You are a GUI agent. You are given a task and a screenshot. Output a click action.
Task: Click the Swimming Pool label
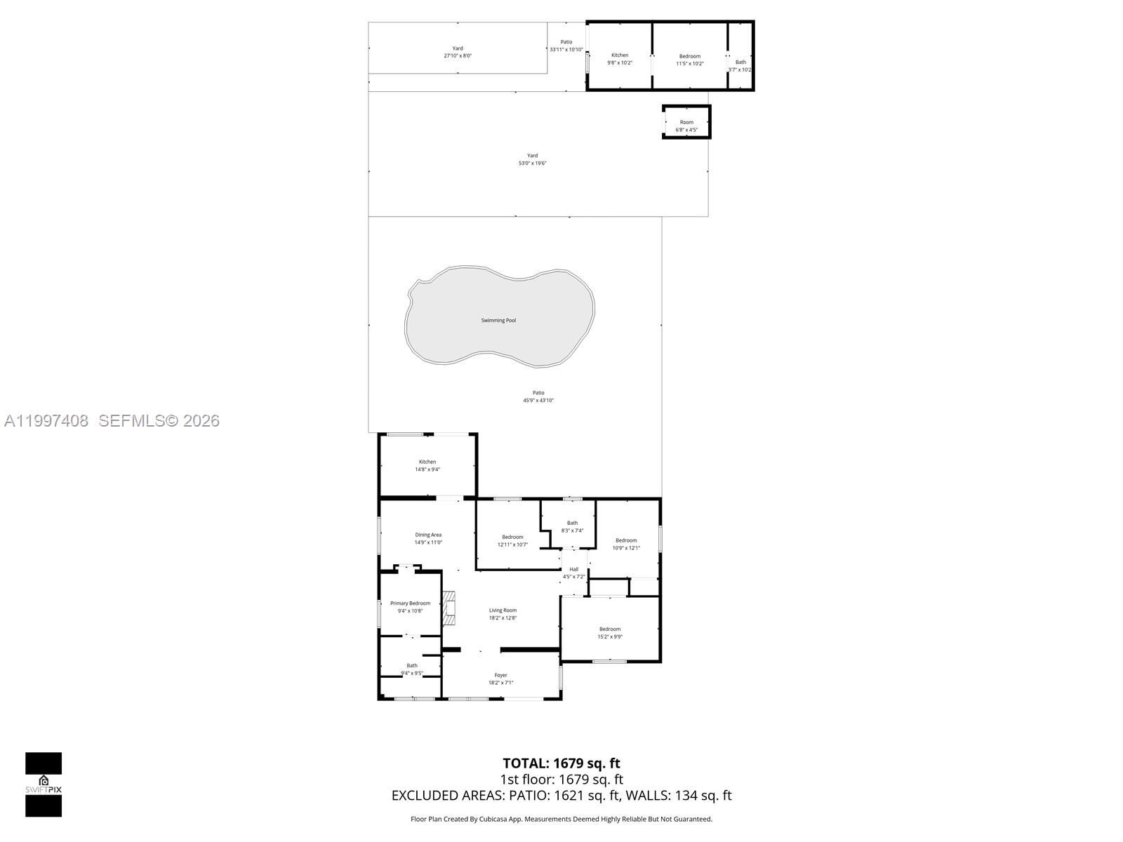(x=498, y=321)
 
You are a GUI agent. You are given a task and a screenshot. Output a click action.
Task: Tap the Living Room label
(x=503, y=610)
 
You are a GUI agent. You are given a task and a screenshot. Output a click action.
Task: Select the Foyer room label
(x=500, y=675)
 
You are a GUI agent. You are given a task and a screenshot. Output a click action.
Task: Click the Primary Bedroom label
(x=410, y=603)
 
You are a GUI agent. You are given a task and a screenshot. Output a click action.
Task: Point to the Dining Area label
(x=428, y=535)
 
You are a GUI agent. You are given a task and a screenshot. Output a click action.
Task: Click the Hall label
(x=574, y=569)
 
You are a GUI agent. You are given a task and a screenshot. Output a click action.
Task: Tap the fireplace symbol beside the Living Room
(x=449, y=608)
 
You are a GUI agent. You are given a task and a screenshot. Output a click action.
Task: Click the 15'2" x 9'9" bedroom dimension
(x=610, y=637)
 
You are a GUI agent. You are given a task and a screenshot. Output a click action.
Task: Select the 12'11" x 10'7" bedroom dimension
(x=512, y=544)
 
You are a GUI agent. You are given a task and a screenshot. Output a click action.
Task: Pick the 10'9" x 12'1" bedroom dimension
(x=626, y=548)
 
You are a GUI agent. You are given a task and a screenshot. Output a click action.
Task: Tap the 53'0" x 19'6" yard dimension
(x=532, y=163)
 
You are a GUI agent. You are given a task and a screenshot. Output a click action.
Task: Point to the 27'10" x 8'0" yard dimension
(x=458, y=55)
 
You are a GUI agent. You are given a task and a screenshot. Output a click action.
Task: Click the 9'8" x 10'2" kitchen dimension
(x=620, y=63)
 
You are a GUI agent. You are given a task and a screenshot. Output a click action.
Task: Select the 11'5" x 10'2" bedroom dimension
(x=690, y=63)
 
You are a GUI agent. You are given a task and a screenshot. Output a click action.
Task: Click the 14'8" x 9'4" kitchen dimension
(x=427, y=469)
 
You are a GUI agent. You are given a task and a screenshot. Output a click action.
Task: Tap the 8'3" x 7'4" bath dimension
(x=572, y=530)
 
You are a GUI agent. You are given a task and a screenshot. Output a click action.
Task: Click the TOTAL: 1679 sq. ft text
(x=561, y=763)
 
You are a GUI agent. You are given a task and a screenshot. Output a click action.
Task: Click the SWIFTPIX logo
(x=44, y=784)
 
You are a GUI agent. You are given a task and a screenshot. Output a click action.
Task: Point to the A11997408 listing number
(x=46, y=421)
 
